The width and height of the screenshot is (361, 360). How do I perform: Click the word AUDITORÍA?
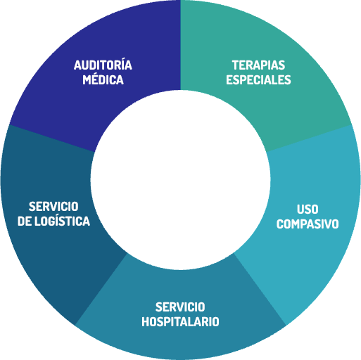[x=103, y=65]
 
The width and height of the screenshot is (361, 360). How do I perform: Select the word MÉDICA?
[x=103, y=79]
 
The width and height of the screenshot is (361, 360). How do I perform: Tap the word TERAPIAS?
[x=258, y=65]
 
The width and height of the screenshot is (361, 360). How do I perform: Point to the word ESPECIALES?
[x=258, y=79]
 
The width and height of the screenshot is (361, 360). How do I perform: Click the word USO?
[x=308, y=209]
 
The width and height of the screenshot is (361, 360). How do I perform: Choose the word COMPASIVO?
[x=308, y=224]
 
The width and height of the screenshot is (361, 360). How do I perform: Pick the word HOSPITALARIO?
[x=180, y=321]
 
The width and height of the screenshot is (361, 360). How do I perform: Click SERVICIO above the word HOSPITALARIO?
[x=180, y=307]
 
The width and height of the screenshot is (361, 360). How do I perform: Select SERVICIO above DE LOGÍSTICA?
[x=53, y=207]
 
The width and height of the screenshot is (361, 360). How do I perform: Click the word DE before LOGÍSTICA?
[x=25, y=221]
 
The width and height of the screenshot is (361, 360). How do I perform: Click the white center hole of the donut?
[x=180, y=180]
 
